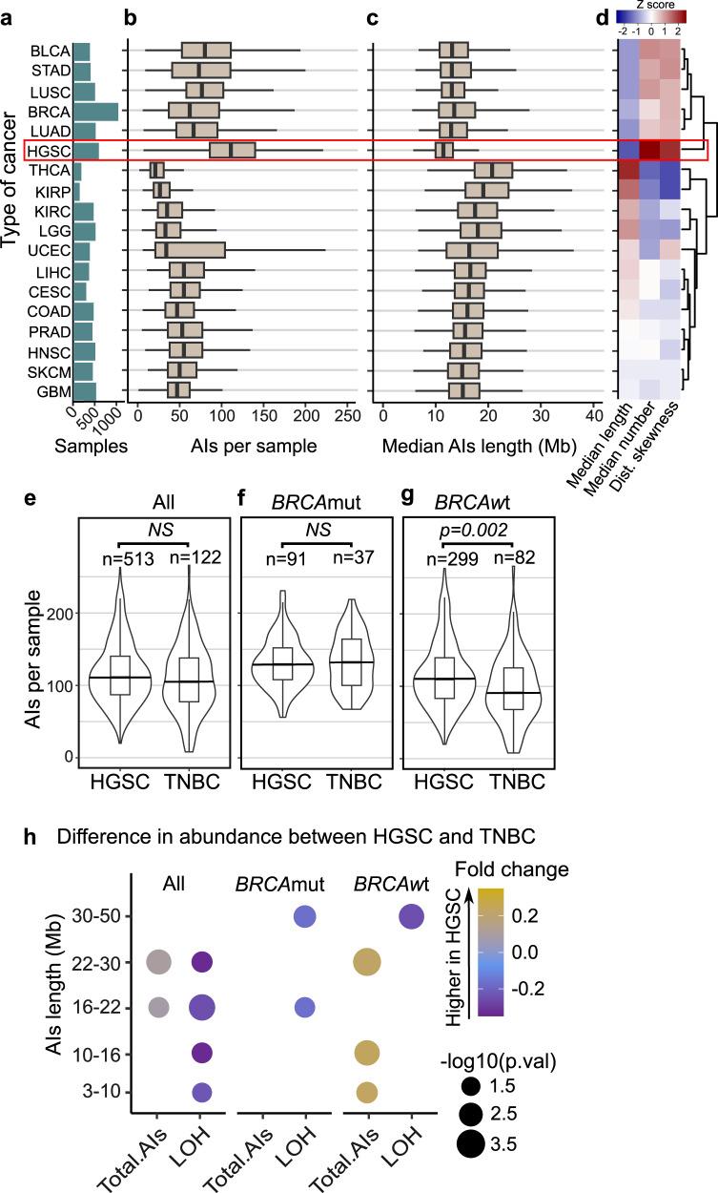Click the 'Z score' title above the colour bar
click(x=648, y=5)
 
